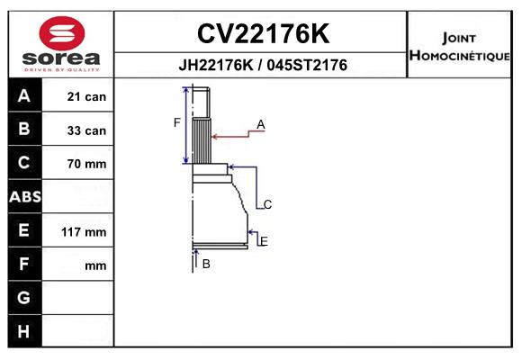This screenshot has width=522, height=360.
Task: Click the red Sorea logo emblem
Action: (62, 33)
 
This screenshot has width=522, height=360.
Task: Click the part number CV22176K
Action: (263, 33)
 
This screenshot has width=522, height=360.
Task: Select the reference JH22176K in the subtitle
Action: (216, 65)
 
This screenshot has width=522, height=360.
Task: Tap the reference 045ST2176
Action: (307, 65)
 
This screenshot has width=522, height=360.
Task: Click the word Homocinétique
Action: (459, 56)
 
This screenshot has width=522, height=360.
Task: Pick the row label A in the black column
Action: (24, 96)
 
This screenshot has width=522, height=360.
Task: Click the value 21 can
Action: (86, 97)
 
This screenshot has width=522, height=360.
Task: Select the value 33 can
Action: (86, 130)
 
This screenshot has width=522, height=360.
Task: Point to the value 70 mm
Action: (86, 164)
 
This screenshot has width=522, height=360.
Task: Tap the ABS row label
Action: (25, 197)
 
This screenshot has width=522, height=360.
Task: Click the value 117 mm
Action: (84, 232)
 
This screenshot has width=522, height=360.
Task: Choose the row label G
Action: (24, 297)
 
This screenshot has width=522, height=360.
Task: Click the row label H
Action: (24, 331)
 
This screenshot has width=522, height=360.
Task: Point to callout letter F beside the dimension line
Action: (176, 123)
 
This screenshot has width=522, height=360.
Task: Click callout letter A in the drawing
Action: (261, 125)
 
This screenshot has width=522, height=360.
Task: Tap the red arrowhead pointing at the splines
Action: (215, 137)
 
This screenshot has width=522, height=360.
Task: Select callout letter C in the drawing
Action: (267, 204)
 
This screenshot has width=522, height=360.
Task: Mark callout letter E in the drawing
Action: (264, 241)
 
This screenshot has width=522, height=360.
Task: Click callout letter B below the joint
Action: (206, 264)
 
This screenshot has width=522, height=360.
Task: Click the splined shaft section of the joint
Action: (202, 140)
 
